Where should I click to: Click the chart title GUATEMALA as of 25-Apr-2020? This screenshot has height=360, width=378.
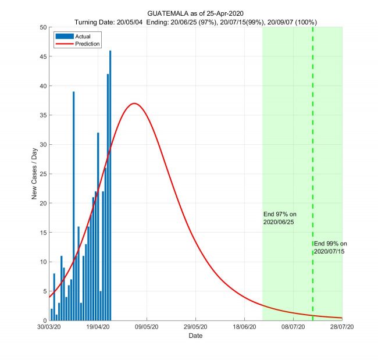click(x=195, y=13)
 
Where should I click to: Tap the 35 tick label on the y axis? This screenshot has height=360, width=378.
click(x=42, y=115)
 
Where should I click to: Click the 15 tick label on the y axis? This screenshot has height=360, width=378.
click(x=42, y=233)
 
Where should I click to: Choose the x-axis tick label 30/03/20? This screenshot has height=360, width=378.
click(x=49, y=328)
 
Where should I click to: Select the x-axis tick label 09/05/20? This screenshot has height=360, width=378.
click(x=147, y=328)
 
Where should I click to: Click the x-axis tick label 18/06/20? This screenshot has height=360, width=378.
click(x=244, y=328)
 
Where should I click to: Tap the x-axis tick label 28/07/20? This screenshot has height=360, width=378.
click(x=342, y=328)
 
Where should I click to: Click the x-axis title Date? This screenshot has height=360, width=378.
click(x=195, y=336)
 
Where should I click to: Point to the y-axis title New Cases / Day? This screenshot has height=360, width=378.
click(x=35, y=174)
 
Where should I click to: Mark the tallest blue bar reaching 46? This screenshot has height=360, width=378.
click(x=110, y=186)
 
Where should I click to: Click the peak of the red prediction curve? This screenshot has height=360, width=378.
click(x=134, y=104)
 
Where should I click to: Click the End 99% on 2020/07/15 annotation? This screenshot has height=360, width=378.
click(x=330, y=247)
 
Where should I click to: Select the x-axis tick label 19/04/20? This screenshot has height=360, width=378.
click(x=98, y=328)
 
